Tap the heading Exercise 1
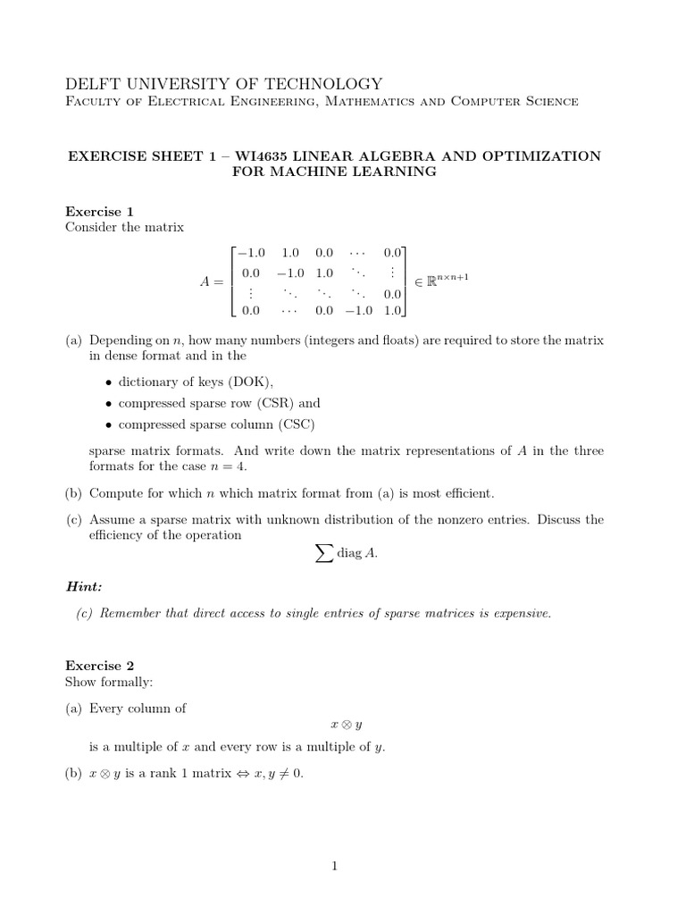(99, 212)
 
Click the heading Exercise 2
(99, 666)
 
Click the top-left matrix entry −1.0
(250, 254)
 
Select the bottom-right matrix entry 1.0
(392, 310)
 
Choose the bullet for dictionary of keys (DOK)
(109, 382)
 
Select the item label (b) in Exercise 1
(73, 493)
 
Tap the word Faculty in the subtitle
(94, 102)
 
